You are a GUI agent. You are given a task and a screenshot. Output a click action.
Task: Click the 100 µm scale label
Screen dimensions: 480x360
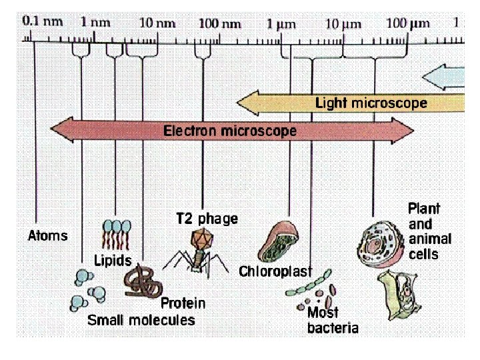[x=407, y=23]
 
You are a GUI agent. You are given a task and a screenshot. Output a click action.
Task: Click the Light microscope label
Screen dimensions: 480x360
[x=371, y=103]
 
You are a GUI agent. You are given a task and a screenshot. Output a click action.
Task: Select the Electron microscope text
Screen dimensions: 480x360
[x=230, y=131]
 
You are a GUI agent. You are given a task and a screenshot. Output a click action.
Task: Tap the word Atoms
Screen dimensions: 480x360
[x=48, y=235]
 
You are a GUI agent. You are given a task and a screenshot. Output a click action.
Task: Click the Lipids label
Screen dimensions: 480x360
[x=112, y=259]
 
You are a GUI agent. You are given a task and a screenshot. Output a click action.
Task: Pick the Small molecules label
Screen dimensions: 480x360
[x=141, y=320]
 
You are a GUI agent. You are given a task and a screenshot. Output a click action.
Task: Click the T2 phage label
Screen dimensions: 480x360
[x=207, y=219]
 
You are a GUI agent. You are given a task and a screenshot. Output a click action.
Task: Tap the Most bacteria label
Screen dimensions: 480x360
[x=331, y=320]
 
